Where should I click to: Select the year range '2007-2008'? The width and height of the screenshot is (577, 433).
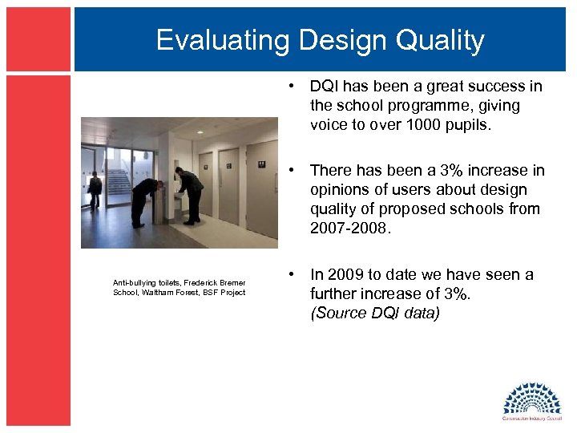click(350, 228)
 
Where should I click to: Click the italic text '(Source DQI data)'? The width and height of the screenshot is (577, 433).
click(375, 313)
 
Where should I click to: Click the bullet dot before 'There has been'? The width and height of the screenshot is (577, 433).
click(296, 170)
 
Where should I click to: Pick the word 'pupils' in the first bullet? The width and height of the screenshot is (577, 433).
click(493, 125)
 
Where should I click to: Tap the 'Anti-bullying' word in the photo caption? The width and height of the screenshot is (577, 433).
click(134, 283)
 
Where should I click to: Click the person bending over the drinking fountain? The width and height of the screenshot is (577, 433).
click(147, 200)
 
